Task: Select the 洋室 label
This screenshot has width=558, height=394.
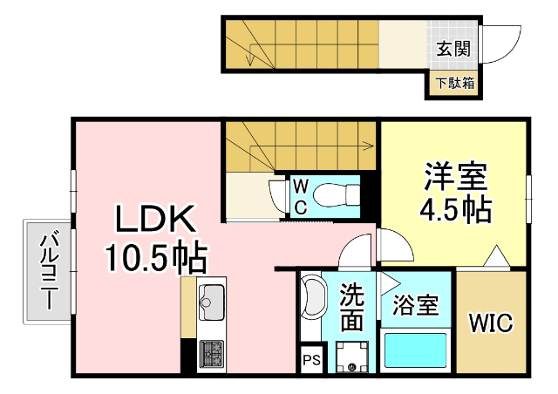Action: click(x=454, y=177)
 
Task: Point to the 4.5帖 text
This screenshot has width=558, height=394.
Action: click(x=454, y=210)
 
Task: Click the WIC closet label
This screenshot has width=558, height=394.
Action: click(x=492, y=323)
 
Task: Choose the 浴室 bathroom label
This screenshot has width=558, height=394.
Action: click(x=415, y=306)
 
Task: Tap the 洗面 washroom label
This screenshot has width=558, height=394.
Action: click(x=351, y=307)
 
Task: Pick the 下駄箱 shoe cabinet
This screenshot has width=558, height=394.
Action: click(x=454, y=85)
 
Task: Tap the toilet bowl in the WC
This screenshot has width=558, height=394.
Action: click(x=331, y=194)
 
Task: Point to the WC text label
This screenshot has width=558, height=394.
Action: click(x=298, y=196)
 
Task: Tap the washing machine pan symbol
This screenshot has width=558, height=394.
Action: click(x=352, y=356)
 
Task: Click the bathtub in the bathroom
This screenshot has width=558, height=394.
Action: click(x=415, y=351)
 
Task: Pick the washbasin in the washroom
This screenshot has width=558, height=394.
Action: click(x=310, y=302)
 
